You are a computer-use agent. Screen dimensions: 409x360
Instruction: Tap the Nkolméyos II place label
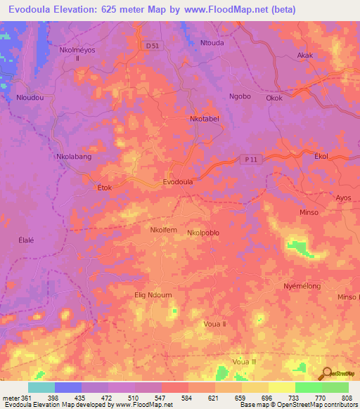point(77,56)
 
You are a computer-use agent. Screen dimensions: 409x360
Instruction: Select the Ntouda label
point(211,43)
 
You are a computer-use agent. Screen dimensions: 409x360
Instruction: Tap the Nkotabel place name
point(205,119)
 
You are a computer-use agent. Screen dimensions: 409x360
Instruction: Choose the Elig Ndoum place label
point(153,295)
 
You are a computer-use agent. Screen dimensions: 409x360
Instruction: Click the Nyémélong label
point(302,287)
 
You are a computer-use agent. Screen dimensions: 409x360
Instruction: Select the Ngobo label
point(240,96)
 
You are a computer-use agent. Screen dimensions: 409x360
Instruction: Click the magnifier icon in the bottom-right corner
point(326,375)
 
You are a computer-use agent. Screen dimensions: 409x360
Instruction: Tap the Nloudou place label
point(30,98)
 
